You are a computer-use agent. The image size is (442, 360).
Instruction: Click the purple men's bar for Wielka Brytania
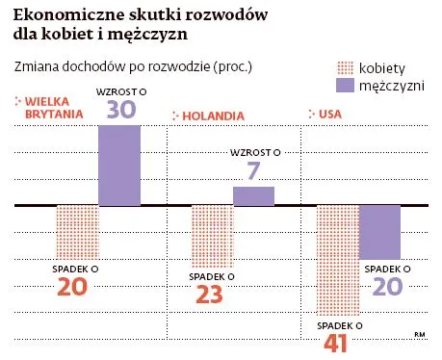point(120,165)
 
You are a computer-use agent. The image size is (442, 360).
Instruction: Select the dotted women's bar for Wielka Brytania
point(78,230)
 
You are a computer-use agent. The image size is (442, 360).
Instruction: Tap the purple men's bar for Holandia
point(254,195)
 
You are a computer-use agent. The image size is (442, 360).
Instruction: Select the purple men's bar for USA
point(379,231)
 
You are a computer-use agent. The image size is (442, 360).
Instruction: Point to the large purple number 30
point(120,110)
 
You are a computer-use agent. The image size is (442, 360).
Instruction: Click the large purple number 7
point(254,169)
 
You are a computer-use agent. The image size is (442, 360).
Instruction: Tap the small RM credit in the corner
point(419,334)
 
